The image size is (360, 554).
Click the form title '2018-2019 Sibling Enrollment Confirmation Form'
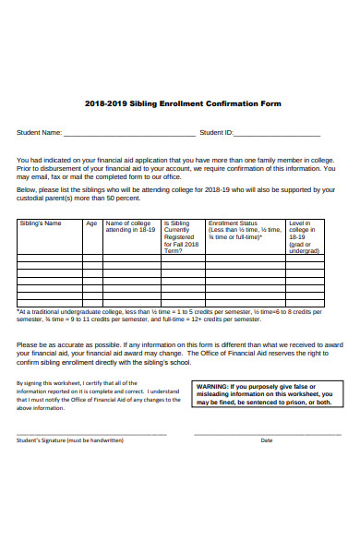click(x=182, y=103)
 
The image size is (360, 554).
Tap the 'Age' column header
click(x=91, y=223)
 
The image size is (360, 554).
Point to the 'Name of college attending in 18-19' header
click(x=130, y=227)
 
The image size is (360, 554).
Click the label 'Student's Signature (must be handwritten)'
click(x=70, y=440)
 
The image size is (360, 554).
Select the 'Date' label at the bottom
click(x=267, y=440)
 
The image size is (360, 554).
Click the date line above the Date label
click(x=267, y=432)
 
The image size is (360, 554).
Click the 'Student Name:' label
click(x=40, y=133)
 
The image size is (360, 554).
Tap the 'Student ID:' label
click(x=218, y=133)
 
